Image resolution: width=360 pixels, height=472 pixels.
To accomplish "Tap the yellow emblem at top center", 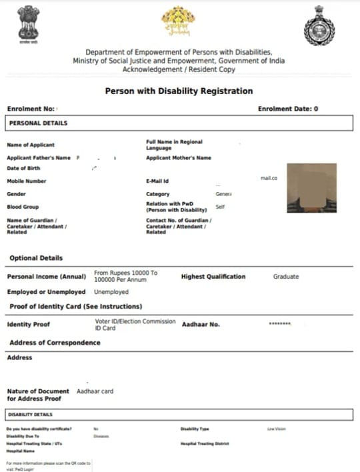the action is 179,22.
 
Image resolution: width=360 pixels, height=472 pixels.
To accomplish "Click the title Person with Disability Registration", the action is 179,91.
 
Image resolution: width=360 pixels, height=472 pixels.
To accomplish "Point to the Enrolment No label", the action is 31,108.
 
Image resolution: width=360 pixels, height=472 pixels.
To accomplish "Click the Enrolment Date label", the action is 287,108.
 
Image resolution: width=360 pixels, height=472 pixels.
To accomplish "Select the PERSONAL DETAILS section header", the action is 38,123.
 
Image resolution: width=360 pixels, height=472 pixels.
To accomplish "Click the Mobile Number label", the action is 27,181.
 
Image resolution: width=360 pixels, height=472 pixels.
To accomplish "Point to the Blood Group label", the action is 23,207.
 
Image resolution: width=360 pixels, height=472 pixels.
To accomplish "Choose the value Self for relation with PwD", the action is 220,207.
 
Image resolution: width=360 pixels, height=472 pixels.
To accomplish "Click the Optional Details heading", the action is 36,258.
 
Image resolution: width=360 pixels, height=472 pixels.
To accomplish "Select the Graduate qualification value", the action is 286,277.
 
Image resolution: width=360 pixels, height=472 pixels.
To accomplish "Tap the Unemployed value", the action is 111,292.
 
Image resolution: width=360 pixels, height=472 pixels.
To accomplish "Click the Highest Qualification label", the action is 213,277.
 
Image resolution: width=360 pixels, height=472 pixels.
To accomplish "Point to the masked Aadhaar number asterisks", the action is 279,324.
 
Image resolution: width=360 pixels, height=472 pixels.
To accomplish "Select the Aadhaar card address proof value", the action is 95,391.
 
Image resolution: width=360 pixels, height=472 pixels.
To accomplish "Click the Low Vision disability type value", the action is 276,429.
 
